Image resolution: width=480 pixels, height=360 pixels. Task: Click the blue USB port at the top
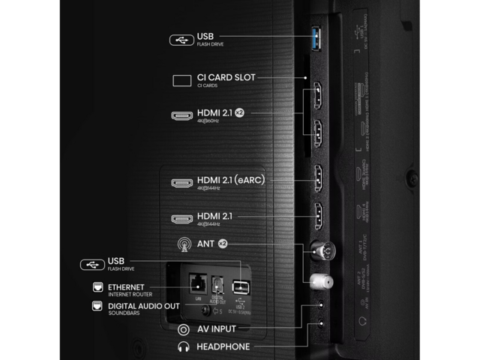coord(316,39)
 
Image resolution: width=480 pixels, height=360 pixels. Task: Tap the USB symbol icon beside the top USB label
coord(181,39)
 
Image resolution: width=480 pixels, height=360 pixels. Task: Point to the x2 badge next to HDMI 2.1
coord(239,112)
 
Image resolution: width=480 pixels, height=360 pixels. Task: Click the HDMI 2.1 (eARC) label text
coord(230,179)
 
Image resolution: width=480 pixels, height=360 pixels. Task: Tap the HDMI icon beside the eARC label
coord(181,182)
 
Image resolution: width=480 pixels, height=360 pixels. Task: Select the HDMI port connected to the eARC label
coord(317,178)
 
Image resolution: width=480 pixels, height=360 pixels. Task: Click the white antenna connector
coord(319,280)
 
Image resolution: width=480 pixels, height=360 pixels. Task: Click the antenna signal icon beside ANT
coord(181,244)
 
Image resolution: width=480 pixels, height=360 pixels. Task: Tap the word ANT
coord(205,244)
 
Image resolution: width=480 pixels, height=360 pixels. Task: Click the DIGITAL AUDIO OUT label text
coord(143,305)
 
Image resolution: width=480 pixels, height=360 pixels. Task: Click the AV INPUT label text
coord(216,328)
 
